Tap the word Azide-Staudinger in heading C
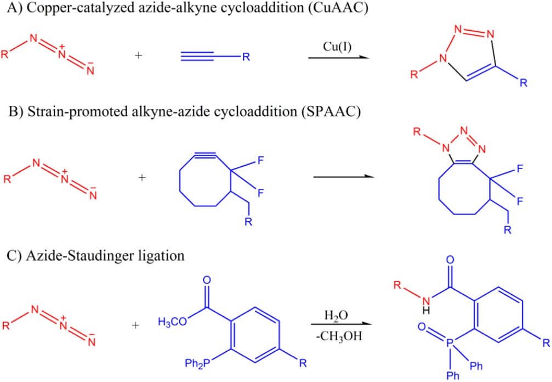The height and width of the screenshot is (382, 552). [62, 255]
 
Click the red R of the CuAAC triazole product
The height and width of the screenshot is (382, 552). [417, 74]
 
